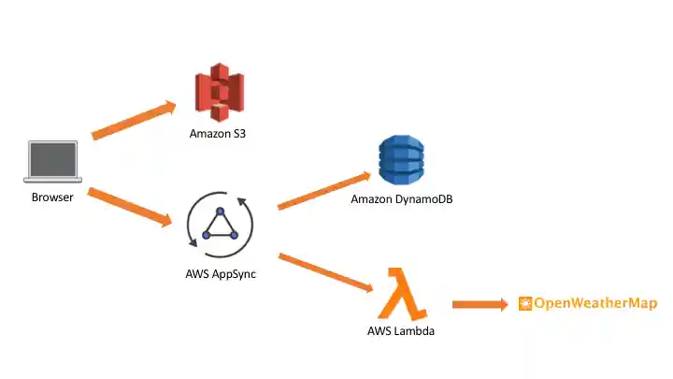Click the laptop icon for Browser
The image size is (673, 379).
[x=54, y=161]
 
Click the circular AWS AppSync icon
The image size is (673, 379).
[x=220, y=226]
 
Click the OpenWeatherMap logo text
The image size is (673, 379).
[x=594, y=303]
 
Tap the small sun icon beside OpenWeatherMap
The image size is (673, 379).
[x=525, y=303]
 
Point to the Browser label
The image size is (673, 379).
[x=52, y=197]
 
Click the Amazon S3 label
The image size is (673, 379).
[x=218, y=134]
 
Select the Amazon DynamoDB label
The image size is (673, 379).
[x=402, y=199]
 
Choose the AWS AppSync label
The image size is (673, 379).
[x=221, y=274]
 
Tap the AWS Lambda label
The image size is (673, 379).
[x=401, y=331]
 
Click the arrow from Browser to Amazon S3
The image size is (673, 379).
[x=134, y=122]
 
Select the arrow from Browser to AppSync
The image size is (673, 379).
[x=131, y=208]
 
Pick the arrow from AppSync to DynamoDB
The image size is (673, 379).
[x=322, y=191]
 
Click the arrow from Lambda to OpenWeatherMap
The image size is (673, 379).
[x=480, y=304]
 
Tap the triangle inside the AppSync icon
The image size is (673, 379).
[x=220, y=226]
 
